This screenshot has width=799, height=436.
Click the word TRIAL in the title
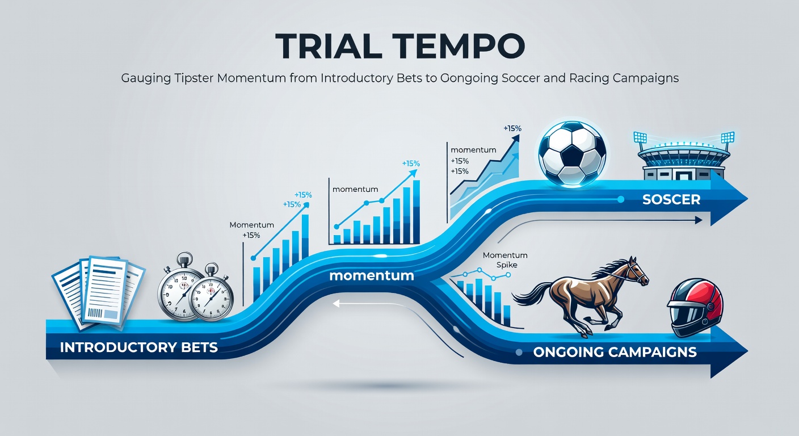click(x=329, y=46)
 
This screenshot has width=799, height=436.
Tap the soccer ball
click(x=572, y=153)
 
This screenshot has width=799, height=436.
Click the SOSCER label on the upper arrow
click(x=671, y=199)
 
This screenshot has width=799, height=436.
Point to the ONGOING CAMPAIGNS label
click(x=615, y=352)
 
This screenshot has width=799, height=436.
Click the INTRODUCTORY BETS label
click(x=139, y=347)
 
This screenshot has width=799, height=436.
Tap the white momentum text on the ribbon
click(x=371, y=275)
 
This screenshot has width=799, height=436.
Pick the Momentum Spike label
click(x=505, y=260)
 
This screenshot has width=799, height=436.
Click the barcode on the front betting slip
click(x=95, y=313)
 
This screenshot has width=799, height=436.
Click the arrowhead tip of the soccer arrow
click(x=747, y=199)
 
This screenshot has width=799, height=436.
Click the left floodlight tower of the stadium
click(x=640, y=141)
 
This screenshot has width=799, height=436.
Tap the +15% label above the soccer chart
click(x=512, y=128)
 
